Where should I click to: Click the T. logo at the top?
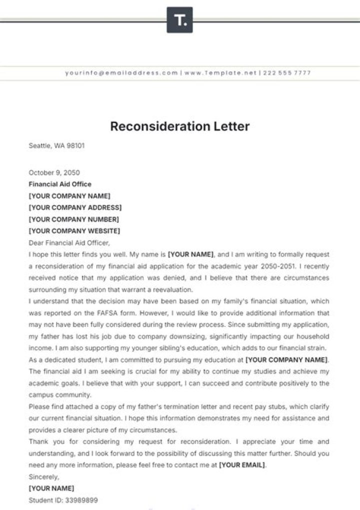pos(179,20)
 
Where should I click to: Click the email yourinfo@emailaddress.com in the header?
pos(121,73)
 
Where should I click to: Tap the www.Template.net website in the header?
pos(220,73)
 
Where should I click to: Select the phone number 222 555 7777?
pos(287,73)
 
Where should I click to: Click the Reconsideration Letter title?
pos(179,126)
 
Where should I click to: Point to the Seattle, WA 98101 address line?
pos(56,146)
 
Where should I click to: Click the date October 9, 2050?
pos(54,173)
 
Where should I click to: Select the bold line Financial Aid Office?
pos(60,184)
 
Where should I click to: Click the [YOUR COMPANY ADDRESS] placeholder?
pos(75,208)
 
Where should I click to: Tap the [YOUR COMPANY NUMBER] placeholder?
pos(74,219)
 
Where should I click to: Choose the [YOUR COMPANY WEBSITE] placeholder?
pos(74,231)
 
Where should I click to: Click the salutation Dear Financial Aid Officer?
pos(69,243)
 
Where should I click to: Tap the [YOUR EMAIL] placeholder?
pos(242,465)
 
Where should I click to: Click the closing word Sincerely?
pos(43,476)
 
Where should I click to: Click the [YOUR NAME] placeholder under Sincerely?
pos(51,488)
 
